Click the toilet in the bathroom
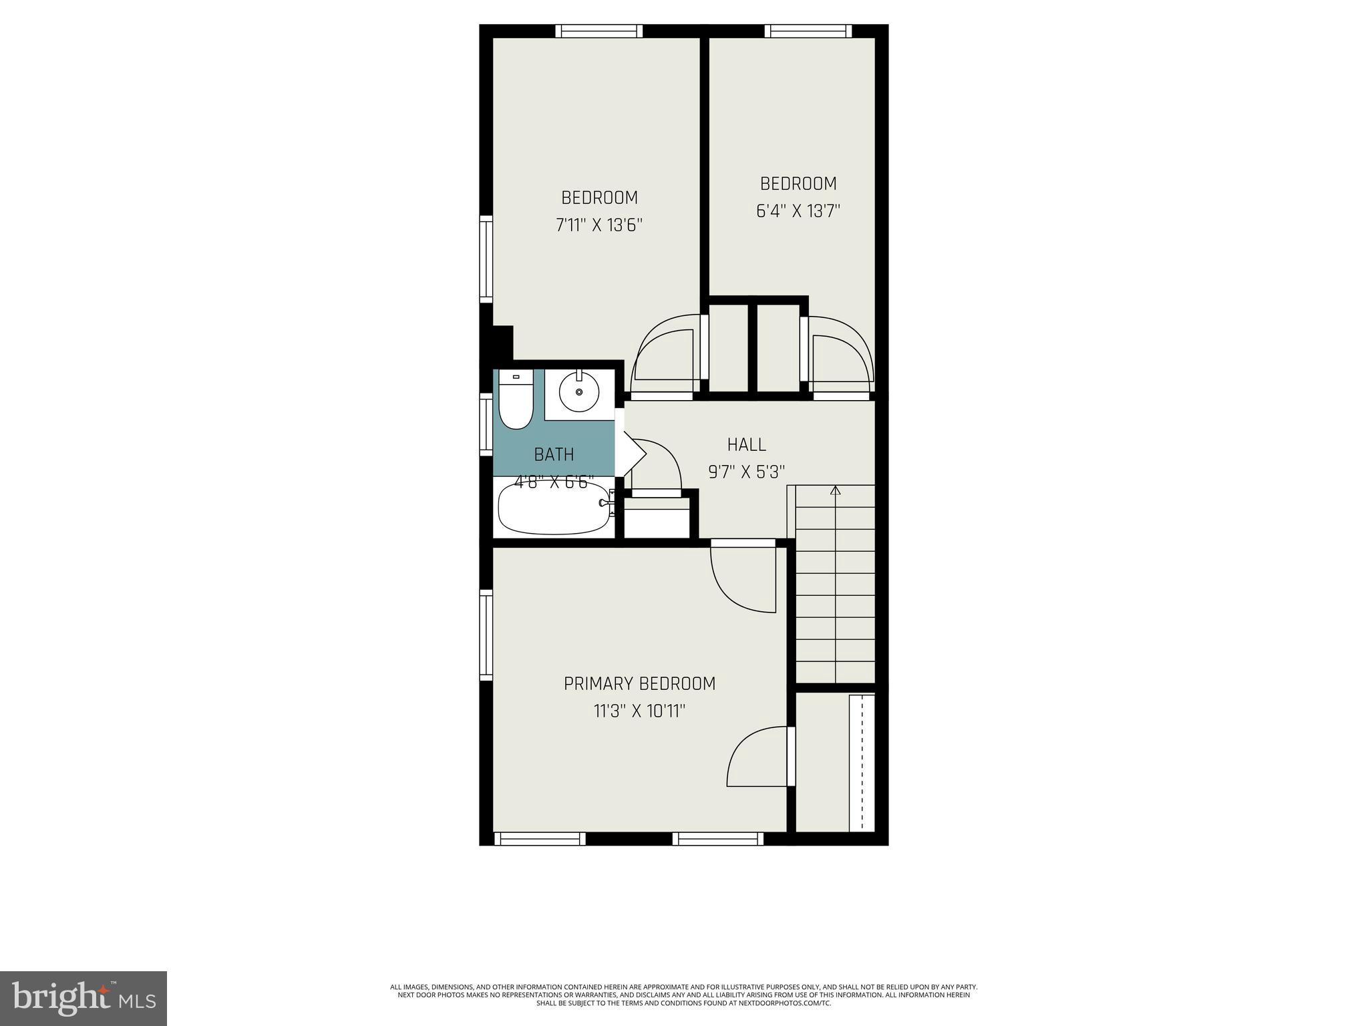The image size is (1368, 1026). pos(516,401)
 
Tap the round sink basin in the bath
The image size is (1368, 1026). pos(578,391)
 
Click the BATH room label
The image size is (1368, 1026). pos(554,455)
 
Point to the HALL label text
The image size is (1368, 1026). pos(746,444)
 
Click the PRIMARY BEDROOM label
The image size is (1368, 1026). pos(639,684)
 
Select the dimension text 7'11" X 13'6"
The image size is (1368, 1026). pos(599,225)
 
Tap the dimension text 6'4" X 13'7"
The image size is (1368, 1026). pos(798,211)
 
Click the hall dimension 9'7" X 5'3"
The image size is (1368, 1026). pos(746,472)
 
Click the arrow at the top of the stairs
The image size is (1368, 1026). pos(835,491)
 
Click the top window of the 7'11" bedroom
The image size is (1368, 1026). pos(598,31)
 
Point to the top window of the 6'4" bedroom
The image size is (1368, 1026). pos(808,31)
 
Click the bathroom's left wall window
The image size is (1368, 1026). pos(486,425)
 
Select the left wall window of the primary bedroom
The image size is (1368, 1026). pos(486,635)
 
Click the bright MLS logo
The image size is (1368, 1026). pos(83,998)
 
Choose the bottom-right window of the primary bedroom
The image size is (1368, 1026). pos(718,839)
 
